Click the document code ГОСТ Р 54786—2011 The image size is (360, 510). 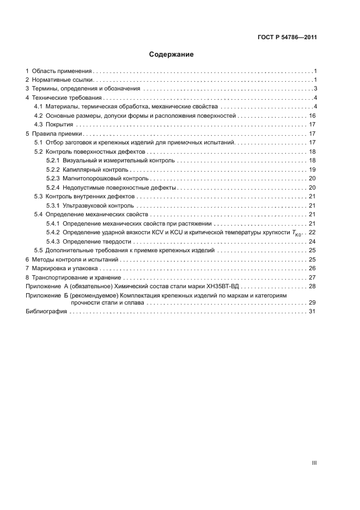(x=287, y=38)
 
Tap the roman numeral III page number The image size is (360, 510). (x=314, y=463)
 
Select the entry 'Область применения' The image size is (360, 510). (x=62, y=71)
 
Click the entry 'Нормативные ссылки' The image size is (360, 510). (x=63, y=80)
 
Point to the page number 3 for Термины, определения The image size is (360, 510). (x=315, y=89)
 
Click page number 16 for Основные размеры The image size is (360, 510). (x=313, y=116)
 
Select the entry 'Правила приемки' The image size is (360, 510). (x=57, y=133)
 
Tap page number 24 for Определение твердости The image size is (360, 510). (x=313, y=241)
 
